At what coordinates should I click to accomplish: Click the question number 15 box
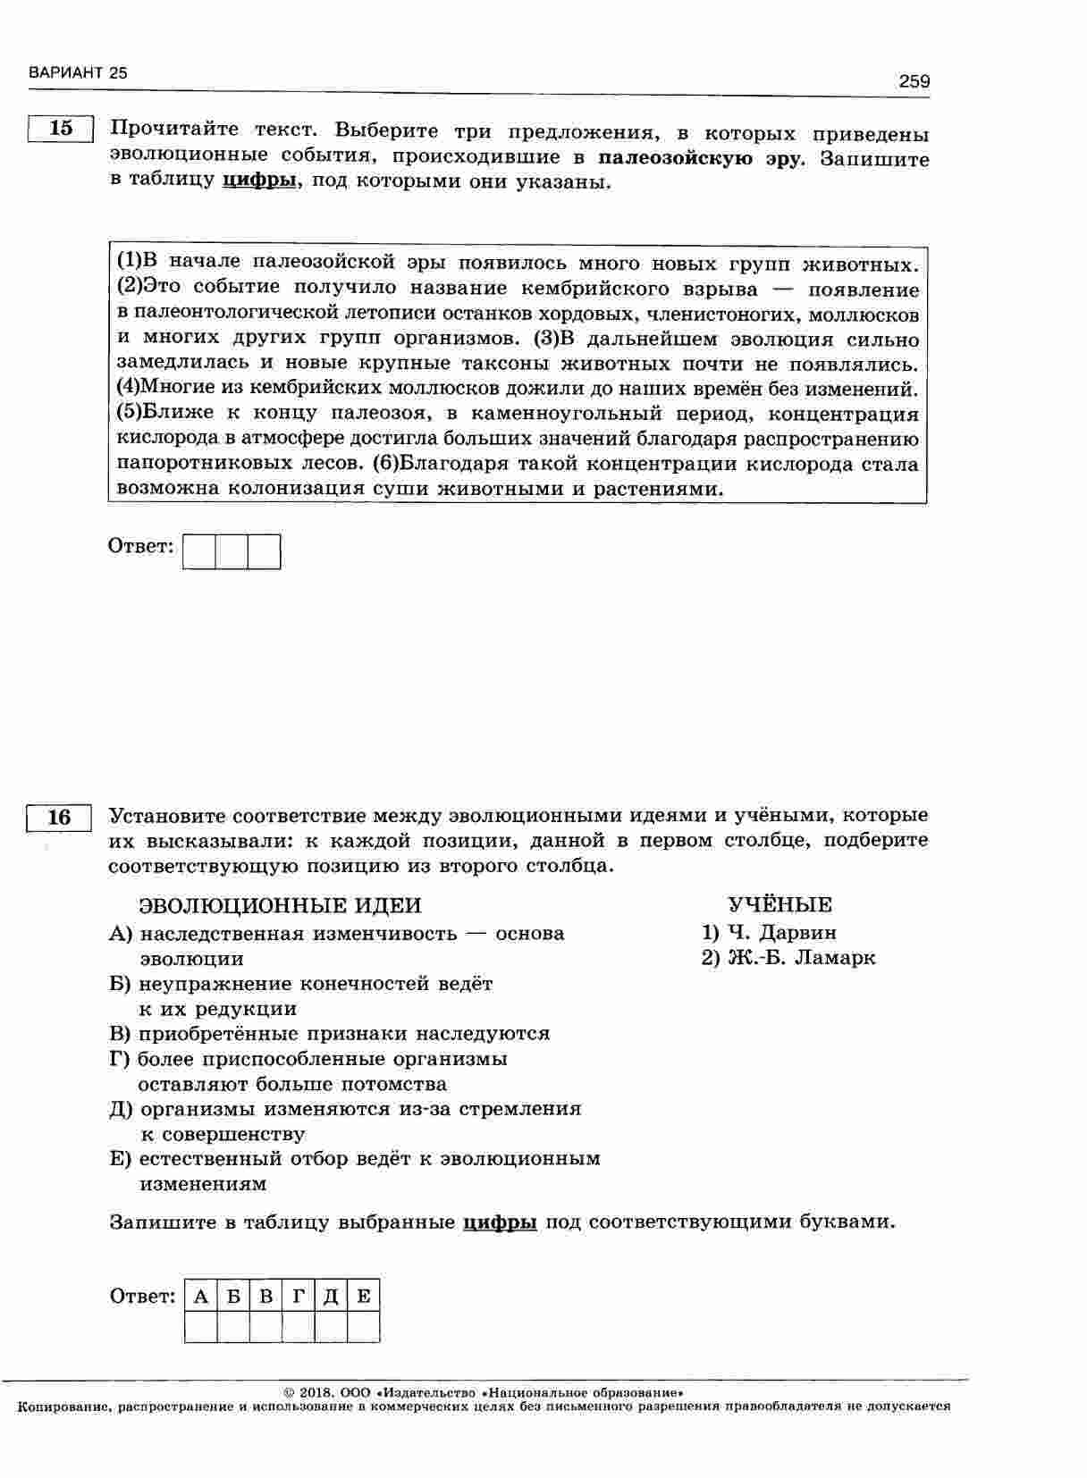point(61,129)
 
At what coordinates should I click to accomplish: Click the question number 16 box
point(59,818)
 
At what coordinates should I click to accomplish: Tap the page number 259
point(914,81)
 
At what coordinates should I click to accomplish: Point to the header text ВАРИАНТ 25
point(78,73)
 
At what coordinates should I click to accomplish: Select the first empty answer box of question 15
point(199,551)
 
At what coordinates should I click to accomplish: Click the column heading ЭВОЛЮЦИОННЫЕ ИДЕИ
point(280,905)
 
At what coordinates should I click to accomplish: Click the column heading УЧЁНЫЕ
point(779,904)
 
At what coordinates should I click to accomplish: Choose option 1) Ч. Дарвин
point(770,932)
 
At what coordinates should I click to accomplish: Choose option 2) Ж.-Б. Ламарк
point(788,958)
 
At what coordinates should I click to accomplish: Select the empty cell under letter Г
point(298,1327)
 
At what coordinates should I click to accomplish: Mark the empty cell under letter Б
point(233,1327)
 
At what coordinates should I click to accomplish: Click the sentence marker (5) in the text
point(130,414)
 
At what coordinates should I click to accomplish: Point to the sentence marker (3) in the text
point(545,339)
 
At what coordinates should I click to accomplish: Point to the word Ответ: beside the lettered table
point(142,1297)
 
